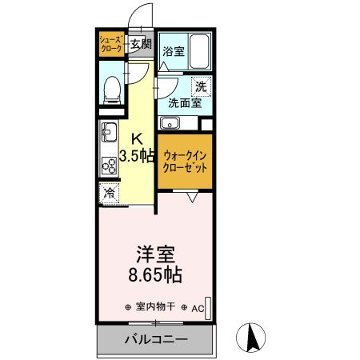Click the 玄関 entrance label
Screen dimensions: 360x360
pyautogui.click(x=140, y=45)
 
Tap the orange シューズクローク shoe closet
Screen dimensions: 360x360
pyautogui.click(x=110, y=44)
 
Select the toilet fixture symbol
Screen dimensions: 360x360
pyautogui.click(x=112, y=89)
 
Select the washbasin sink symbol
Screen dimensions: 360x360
pyautogui.click(x=169, y=123)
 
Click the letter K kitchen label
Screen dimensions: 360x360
pyautogui.click(x=137, y=137)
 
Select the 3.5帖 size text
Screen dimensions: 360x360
pyautogui.click(x=137, y=155)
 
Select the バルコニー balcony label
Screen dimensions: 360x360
pyautogui.click(x=155, y=340)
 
